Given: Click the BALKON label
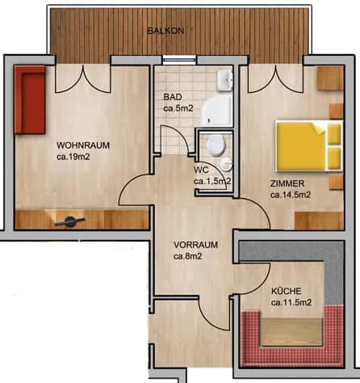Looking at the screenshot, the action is click(165, 31).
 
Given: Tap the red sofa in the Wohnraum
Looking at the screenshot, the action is click(30, 100).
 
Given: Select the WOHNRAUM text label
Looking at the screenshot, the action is click(83, 145).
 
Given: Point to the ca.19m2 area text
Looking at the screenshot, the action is click(73, 157).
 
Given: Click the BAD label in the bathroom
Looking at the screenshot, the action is click(173, 97).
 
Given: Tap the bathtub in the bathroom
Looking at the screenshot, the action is click(217, 111).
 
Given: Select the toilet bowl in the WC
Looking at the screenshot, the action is click(216, 145).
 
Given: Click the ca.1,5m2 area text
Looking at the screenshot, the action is click(212, 181).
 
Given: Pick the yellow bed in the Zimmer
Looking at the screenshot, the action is click(309, 146).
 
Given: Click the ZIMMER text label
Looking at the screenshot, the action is click(287, 183).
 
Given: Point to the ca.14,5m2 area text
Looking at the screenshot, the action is click(291, 195).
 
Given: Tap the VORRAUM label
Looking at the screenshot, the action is click(195, 245).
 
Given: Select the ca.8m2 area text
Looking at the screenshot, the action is click(188, 256).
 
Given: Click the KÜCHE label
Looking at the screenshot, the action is click(287, 291).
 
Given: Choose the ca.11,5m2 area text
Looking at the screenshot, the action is click(291, 302).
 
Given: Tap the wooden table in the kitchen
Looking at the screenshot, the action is click(292, 332).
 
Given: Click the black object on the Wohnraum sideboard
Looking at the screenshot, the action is click(70, 221).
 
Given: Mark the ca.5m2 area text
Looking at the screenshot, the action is click(178, 108).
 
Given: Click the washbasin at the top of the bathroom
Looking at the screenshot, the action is click(224, 80).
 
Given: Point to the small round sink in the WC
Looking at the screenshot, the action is click(226, 164).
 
